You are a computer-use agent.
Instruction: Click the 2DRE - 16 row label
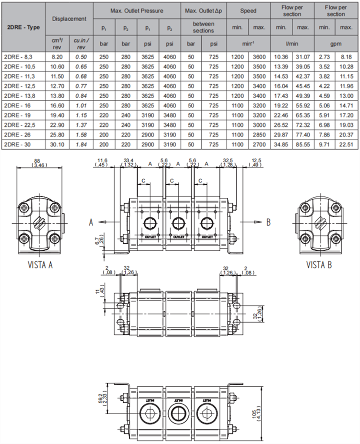(16, 105)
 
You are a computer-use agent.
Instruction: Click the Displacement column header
(69, 19)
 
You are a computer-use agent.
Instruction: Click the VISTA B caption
(319, 265)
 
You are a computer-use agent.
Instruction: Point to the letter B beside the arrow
(268, 222)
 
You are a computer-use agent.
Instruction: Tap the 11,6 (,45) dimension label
(102, 163)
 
